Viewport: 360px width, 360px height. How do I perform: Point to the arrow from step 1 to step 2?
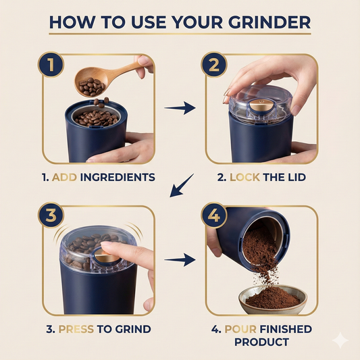pyautogui.click(x=180, y=107)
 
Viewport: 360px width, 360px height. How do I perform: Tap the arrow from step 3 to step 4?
pyautogui.click(x=180, y=259)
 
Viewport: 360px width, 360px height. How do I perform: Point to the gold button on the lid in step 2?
pyautogui.click(x=258, y=105)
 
